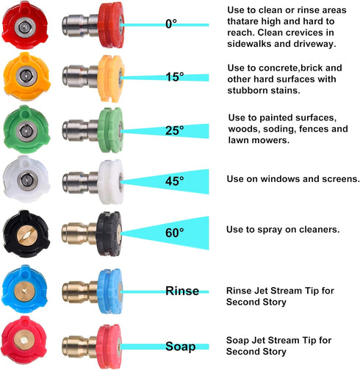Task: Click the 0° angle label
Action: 171,24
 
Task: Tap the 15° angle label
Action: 175,77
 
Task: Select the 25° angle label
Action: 175,131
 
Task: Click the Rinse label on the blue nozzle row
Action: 181,291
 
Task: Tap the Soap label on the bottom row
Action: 181,346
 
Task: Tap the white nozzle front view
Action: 26,181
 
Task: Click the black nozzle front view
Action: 26,234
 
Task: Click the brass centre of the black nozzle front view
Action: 26,233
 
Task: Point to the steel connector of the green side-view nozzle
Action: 77,131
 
